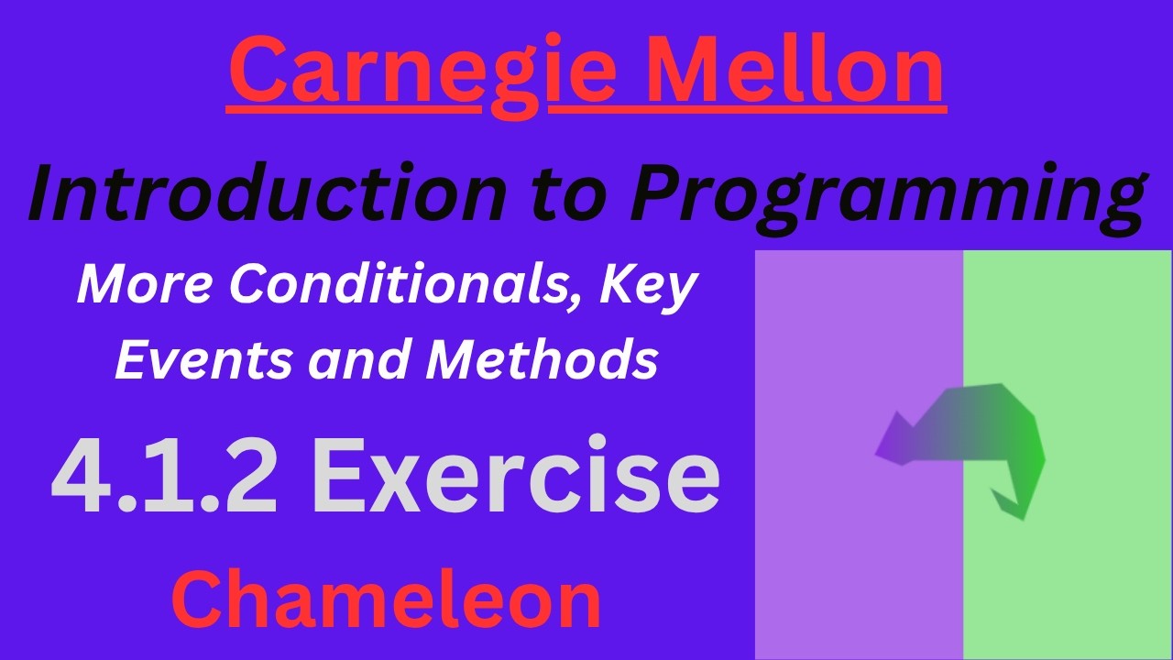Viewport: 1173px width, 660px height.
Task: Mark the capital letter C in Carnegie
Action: tap(260, 71)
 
